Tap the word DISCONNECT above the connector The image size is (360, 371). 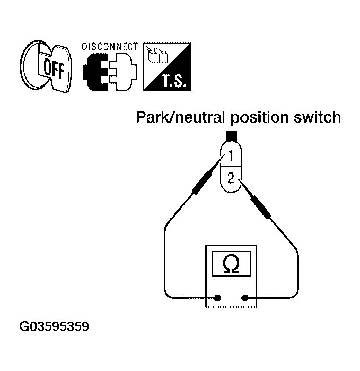(x=110, y=47)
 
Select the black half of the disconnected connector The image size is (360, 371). (x=95, y=72)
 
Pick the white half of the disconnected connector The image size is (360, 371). (x=123, y=72)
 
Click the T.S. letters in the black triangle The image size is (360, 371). (x=173, y=81)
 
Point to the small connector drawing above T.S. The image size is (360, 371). (x=157, y=54)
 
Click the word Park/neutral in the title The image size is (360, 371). (x=180, y=117)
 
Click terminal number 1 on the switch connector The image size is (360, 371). (x=231, y=156)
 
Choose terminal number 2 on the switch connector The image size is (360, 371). (x=231, y=178)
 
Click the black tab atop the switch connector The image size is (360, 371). (x=231, y=136)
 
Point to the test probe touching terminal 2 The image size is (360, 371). (x=255, y=199)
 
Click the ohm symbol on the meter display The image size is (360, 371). (x=231, y=264)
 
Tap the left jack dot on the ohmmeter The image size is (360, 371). (x=217, y=298)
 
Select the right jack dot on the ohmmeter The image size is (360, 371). (x=245, y=298)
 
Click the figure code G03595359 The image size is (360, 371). (x=54, y=326)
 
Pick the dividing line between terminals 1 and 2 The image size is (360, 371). (x=231, y=166)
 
